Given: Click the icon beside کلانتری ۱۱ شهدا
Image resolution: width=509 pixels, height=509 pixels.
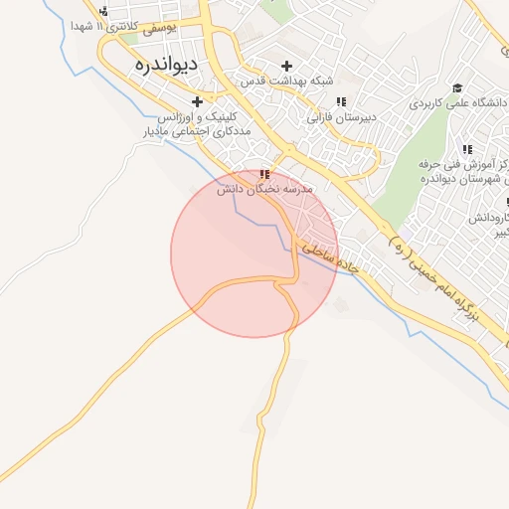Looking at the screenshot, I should (x=103, y=11).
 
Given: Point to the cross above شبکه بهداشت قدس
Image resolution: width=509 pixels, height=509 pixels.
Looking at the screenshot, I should (x=287, y=66).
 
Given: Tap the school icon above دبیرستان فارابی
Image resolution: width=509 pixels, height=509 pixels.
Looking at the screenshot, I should (x=341, y=101).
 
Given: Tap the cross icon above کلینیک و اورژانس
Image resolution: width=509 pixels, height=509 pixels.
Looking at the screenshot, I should (x=197, y=101).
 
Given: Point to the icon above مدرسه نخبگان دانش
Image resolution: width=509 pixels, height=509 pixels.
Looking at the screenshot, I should (x=263, y=174).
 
